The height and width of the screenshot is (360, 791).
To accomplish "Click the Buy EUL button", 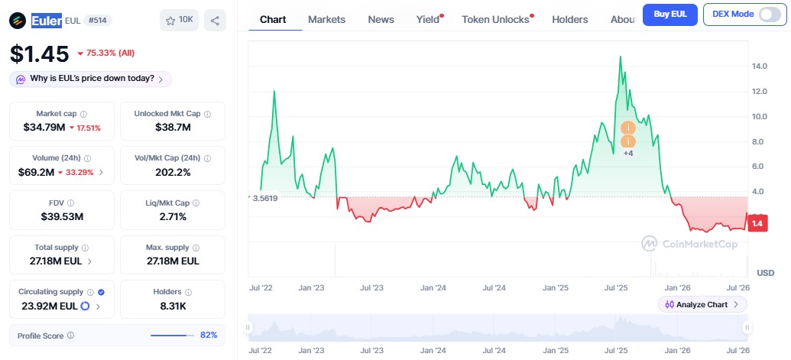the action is point(670,15).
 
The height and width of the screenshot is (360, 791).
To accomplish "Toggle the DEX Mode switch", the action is point(770,15).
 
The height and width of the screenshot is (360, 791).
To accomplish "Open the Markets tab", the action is point(326,20).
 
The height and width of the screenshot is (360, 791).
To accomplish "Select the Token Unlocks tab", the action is point(495,20).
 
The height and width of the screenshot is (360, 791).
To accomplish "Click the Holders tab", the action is point(569,20).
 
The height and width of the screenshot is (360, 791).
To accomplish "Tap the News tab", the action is point(381,20).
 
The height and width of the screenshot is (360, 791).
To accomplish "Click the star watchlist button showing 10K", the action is point(179,20).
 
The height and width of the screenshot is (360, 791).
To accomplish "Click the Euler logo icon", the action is point(18,21).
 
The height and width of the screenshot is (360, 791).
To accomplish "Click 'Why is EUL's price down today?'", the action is point(91,79).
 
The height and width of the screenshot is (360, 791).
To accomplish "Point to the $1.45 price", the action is point(39,54).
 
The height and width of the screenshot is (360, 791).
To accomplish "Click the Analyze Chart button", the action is point(702,304).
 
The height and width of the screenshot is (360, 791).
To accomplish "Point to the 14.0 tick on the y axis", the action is point(759,66).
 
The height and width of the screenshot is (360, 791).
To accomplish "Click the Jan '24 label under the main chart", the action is point(433,288).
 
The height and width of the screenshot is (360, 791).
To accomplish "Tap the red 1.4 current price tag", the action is point(757,223).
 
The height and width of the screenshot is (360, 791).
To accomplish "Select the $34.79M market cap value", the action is point(44,128).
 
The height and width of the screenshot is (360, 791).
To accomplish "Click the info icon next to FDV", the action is point(70,203).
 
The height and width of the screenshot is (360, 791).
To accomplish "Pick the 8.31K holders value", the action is point(173,305).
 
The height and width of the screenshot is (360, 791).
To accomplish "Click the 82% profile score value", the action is point(209,336).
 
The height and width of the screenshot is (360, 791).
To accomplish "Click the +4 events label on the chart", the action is point(628,154).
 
